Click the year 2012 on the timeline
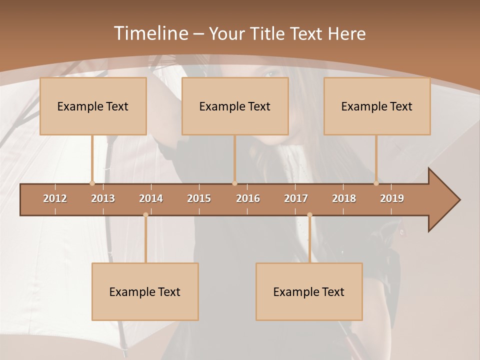(x=55, y=198)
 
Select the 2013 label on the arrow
(x=103, y=198)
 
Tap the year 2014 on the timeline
(x=151, y=198)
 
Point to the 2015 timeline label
(x=199, y=198)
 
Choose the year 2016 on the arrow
(x=248, y=198)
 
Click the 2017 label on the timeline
(x=296, y=198)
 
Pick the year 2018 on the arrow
(x=344, y=198)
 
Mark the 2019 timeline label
(x=392, y=198)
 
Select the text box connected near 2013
(x=93, y=106)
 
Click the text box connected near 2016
(x=235, y=106)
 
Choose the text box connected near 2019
(x=377, y=106)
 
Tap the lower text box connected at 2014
(x=145, y=291)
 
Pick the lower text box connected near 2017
(x=309, y=291)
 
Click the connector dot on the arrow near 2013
(x=92, y=183)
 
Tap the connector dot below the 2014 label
(x=145, y=215)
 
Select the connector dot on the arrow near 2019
(x=376, y=183)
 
